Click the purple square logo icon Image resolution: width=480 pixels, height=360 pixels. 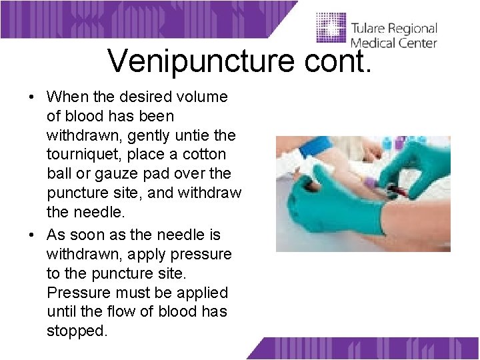(x=331, y=30)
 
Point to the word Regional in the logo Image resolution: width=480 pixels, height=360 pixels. (x=413, y=29)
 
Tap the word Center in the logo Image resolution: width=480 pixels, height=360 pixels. (x=417, y=43)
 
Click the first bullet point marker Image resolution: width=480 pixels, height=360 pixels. (x=32, y=97)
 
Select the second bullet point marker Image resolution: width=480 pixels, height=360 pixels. (x=32, y=235)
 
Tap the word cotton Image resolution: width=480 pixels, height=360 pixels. (x=203, y=155)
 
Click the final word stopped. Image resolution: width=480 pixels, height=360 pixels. (x=77, y=331)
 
